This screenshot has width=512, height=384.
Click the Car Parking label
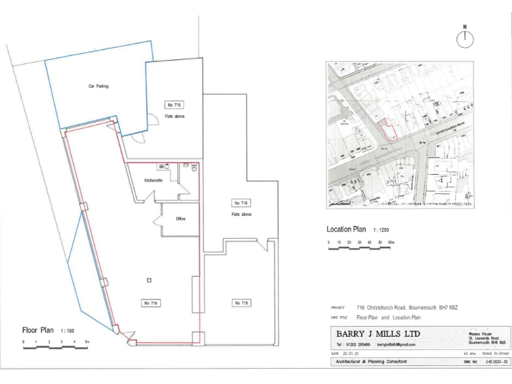pos(98,86)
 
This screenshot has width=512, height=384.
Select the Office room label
pos(180,219)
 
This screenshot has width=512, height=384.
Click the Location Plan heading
pos(347,229)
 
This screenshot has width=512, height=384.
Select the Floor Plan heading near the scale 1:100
pos(38,329)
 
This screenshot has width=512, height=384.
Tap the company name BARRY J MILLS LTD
pos(378,333)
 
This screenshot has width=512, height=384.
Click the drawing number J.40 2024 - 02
pos(497,362)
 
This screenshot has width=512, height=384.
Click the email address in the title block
pos(396,345)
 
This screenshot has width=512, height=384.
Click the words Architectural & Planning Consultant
pos(371,361)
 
